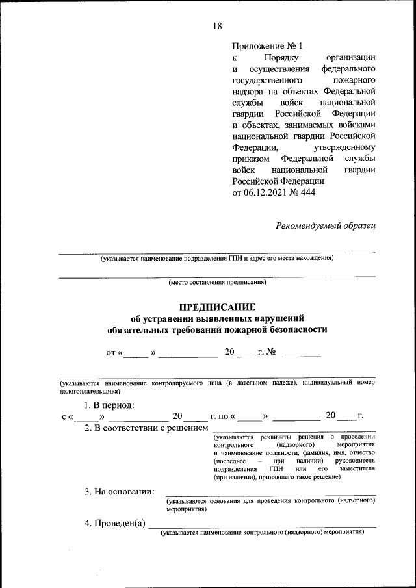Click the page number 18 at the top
click(217, 26)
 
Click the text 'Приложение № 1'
click(267, 46)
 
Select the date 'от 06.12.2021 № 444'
click(273, 192)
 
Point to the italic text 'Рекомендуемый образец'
click(326, 225)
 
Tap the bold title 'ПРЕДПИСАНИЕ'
click(217, 306)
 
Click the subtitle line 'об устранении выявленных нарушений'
click(217, 318)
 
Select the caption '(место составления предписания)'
click(217, 283)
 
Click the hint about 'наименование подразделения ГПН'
click(217, 259)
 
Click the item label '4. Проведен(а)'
click(114, 524)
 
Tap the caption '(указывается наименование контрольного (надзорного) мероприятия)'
click(263, 532)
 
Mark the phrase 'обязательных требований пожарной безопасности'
click(217, 329)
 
